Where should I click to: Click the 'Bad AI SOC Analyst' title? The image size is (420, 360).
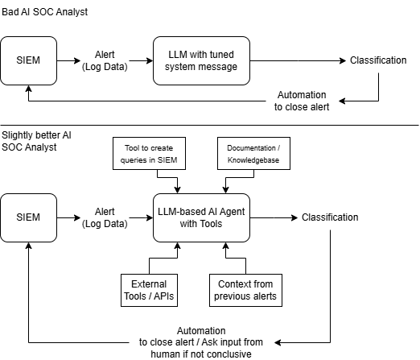44,12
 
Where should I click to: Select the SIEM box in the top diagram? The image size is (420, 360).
28,60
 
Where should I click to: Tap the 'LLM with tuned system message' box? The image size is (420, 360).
201,60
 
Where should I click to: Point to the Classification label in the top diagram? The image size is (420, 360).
378,60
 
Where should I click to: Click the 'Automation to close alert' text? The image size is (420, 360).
302,101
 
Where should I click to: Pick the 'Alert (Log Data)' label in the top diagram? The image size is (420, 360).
105,60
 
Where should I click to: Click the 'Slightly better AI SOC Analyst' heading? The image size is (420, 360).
36,141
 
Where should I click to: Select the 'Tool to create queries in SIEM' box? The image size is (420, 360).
149,154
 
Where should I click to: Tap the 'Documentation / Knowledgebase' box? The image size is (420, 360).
253,154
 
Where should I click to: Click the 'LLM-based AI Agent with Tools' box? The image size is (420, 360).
201,217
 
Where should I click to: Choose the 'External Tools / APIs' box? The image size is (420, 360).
149,290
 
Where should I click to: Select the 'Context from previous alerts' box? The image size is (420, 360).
245,290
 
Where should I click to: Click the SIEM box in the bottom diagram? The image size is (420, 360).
28,217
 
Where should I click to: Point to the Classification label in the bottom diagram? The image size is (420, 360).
330,217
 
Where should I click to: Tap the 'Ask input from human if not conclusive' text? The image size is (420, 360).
215,348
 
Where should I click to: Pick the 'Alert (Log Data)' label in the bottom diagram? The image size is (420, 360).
105,217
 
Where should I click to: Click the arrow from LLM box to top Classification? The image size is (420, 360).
298,60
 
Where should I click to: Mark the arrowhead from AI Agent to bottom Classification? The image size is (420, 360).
294,217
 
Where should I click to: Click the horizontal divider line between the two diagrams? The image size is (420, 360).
209,125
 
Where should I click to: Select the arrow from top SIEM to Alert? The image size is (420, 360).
68,60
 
